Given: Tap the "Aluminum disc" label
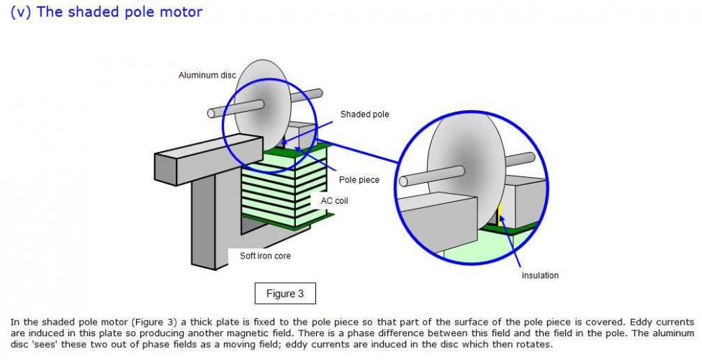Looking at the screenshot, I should click(207, 76).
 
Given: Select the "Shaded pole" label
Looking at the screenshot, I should click(364, 114).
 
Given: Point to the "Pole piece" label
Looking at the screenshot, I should click(359, 179).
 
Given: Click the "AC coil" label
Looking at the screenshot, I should click(334, 201).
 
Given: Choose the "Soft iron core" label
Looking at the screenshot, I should click(265, 256).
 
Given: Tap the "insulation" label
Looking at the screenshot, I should click(540, 275).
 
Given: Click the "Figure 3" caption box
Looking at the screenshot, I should click(285, 294).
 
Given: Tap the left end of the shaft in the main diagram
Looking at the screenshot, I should click(212, 113).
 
